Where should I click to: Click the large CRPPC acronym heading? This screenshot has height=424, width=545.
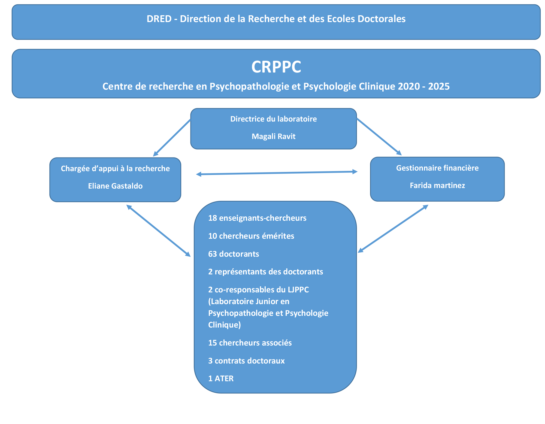point(276,67)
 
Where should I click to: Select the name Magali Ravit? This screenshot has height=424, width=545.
point(273,136)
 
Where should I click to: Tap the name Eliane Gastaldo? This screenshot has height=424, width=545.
point(115,186)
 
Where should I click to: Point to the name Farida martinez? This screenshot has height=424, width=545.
point(437,185)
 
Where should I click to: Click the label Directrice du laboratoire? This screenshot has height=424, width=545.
point(273,119)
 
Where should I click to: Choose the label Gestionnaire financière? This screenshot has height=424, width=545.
point(437,168)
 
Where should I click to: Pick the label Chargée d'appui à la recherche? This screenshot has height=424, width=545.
point(115,168)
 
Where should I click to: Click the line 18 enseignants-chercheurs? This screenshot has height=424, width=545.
point(257,218)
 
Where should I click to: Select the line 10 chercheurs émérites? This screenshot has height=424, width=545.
point(251,236)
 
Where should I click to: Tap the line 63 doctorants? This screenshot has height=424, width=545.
point(234,254)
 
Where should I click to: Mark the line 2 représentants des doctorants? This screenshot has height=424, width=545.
point(265,271)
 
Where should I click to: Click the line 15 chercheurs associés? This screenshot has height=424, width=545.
point(250,343)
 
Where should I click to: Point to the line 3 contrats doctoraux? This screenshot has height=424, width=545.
point(246,361)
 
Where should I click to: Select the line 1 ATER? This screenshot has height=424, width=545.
point(221,378)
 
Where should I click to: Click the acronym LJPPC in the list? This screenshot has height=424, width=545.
point(298,289)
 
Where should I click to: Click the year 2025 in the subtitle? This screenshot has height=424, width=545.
point(439,86)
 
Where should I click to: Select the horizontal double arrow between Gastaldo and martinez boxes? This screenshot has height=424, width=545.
point(277,173)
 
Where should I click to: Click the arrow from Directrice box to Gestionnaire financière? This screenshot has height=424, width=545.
point(379,137)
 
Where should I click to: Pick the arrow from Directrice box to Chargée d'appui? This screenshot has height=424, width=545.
point(172,138)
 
